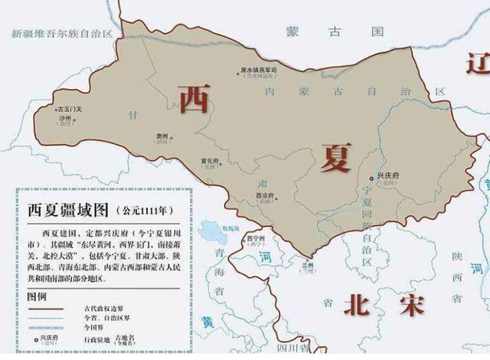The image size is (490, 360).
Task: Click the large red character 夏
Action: (x=335, y=158)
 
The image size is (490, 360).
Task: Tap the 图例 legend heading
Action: (x=37, y=295)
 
